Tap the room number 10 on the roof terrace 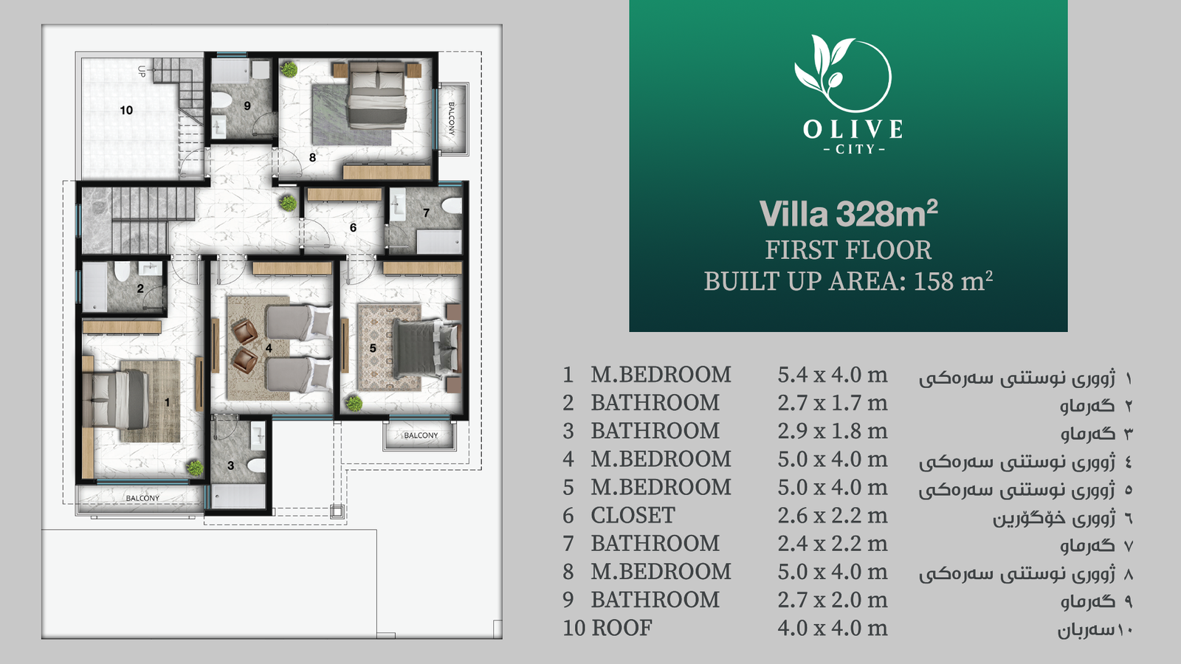pos(126,110)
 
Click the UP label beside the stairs pos(141,71)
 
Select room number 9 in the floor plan pos(247,106)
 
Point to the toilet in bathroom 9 pos(221,100)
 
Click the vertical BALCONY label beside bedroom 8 pos(451,119)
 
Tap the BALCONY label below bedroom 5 pos(421,435)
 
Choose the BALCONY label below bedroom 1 pos(142,498)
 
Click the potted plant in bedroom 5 pos(354,404)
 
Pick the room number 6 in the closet pos(353,227)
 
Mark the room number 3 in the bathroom pos(230,466)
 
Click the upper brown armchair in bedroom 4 pos(244,332)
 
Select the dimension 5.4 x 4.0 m pos(833,375)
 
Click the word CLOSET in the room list pos(633,516)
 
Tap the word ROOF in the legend pos(622,628)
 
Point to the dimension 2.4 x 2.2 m pos(833,543)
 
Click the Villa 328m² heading pos(848,213)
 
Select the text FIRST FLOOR pos(848,250)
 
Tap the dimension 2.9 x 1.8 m pos(833,431)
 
